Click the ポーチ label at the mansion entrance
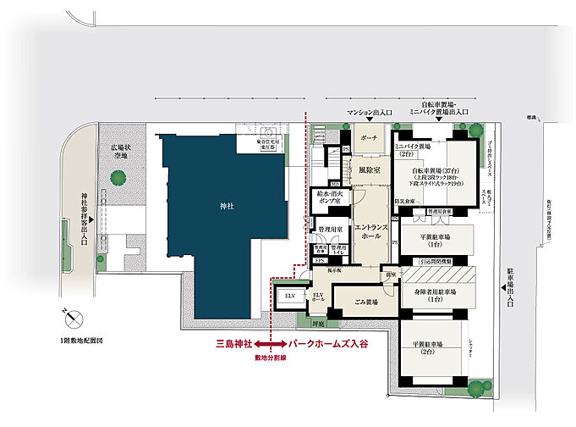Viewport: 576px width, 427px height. [368, 138]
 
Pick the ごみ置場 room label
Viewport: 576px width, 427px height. [363, 301]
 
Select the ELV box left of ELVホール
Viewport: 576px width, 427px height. [291, 296]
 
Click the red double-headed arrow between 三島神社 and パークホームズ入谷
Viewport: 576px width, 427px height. [269, 345]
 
